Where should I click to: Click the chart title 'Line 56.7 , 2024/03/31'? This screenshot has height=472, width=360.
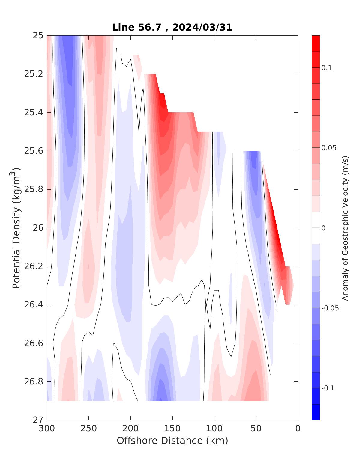pyautogui.click(x=172, y=27)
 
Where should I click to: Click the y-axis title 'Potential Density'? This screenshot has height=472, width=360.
pyautogui.click(x=16, y=228)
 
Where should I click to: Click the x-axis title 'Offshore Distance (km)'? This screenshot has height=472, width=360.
pyautogui.click(x=172, y=441)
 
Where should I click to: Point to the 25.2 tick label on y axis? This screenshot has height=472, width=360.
pyautogui.click(x=34, y=74)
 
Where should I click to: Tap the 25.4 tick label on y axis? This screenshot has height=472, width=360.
pyautogui.click(x=34, y=113)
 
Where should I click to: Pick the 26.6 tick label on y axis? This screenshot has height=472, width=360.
pyautogui.click(x=34, y=343)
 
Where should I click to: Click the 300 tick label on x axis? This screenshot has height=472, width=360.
pyautogui.click(x=47, y=429)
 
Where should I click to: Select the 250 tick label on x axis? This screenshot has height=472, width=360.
pyautogui.click(x=89, y=429)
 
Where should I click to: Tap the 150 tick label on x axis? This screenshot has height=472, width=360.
pyautogui.click(x=172, y=429)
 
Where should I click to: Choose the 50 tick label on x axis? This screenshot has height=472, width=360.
pyautogui.click(x=256, y=429)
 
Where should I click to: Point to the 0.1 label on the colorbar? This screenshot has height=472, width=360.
pyautogui.click(x=327, y=68)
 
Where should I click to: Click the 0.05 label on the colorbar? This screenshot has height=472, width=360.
pyautogui.click(x=328, y=148)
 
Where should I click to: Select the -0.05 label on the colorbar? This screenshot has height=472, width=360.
pyautogui.click(x=330, y=308)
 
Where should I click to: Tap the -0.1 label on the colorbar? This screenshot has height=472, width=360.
pyautogui.click(x=328, y=388)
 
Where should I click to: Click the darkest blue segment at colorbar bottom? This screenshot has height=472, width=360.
pyautogui.click(x=316, y=412)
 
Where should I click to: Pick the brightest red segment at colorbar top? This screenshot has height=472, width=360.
pyautogui.click(x=316, y=43)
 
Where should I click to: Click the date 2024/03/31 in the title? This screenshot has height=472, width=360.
pyautogui.click(x=202, y=27)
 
